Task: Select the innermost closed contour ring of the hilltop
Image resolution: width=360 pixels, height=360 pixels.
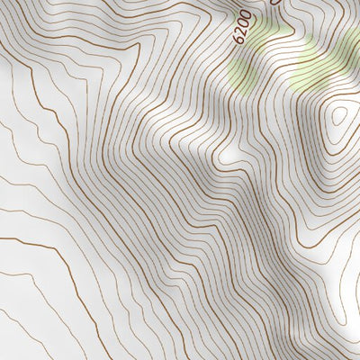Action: coord(341,115)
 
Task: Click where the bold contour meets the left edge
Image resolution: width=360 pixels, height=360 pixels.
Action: coord(2,238)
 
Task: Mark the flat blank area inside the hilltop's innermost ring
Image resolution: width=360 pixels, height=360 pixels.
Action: coord(341,117)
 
